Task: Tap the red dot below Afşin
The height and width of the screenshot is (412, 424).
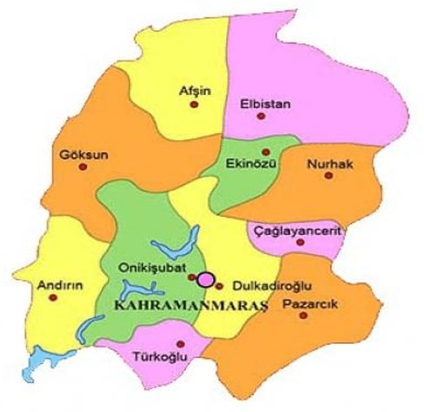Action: tap(194, 105)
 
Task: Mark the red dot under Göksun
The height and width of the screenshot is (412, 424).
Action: tap(82, 167)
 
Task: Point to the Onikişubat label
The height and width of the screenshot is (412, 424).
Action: tap(149, 268)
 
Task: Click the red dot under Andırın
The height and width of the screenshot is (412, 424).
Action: tap(53, 298)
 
